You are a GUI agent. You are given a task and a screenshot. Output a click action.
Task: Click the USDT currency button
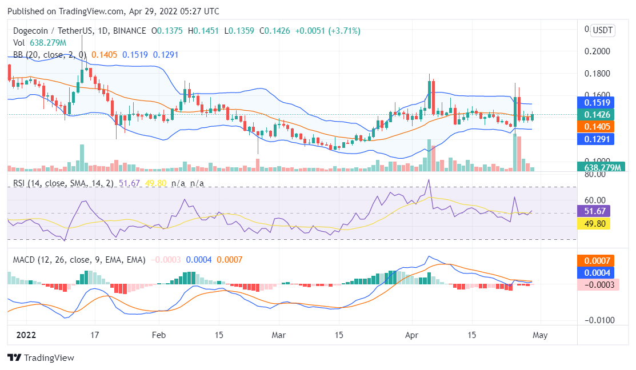(x=602, y=30)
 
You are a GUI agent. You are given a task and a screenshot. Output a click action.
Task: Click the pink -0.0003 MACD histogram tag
(x=598, y=284)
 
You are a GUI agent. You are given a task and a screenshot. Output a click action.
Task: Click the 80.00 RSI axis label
(x=597, y=174)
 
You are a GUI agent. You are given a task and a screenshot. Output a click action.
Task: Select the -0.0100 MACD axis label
(x=598, y=320)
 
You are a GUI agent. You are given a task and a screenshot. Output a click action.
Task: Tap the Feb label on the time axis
(x=159, y=335)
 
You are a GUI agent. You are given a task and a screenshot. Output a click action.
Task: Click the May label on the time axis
(x=540, y=335)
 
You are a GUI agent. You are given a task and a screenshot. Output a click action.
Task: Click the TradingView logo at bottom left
(x=41, y=358)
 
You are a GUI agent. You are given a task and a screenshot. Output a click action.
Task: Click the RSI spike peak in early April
(x=429, y=180)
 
